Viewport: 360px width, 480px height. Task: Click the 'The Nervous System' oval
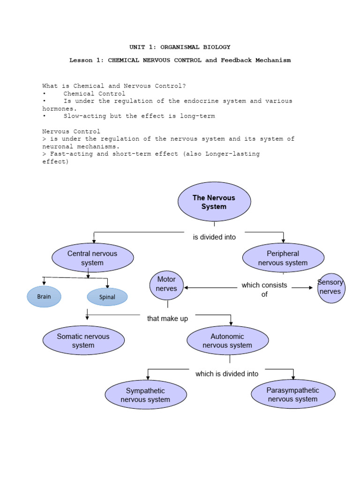pos(214,202)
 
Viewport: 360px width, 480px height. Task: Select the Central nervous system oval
pos(92,258)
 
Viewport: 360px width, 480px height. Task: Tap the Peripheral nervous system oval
pos(283,258)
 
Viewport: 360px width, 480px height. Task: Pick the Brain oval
pos(44,297)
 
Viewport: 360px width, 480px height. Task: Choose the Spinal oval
pos(107,297)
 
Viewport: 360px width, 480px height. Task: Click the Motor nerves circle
pos(166,284)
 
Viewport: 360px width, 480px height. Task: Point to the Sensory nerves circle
pos(331,287)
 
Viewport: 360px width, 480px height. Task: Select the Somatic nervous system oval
pos(83,341)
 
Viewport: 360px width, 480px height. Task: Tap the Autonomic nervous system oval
pos(228,341)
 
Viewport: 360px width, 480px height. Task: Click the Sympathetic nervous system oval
pos(145,395)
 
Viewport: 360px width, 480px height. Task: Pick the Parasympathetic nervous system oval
pos(293,395)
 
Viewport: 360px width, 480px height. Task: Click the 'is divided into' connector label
pos(214,237)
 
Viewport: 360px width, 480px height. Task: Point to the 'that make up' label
pos(167,319)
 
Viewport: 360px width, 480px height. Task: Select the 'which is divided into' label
pos(227,374)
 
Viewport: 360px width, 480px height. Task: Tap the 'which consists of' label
pos(264,290)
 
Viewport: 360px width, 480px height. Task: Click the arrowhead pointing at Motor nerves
pos(187,288)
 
